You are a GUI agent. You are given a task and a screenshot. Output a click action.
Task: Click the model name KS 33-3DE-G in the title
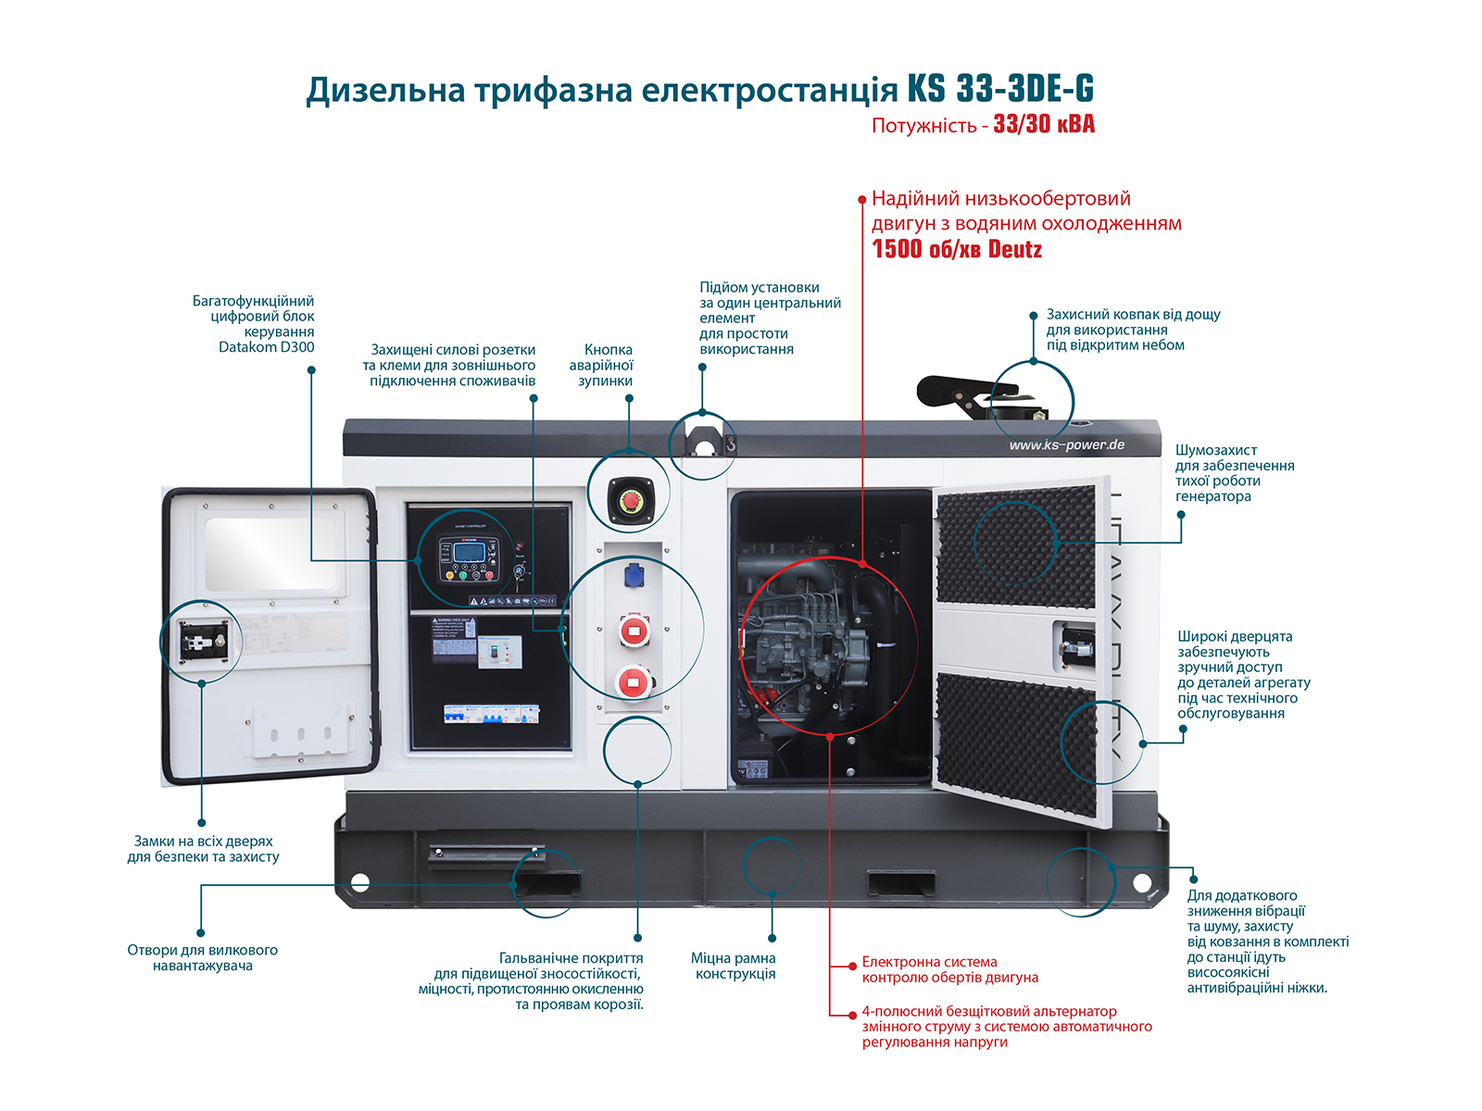tap(1000, 89)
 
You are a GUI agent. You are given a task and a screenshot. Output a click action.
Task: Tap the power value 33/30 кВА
tap(1044, 124)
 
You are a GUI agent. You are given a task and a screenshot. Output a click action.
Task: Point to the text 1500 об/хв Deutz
tap(957, 249)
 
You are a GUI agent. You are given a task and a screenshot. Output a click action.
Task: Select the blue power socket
tap(634, 576)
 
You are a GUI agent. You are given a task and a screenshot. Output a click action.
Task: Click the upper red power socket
tap(634, 632)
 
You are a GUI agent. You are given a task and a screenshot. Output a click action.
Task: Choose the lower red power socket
tap(633, 683)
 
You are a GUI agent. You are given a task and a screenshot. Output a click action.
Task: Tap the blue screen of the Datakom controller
tap(470, 553)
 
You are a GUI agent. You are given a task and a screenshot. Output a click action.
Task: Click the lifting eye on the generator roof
tap(703, 444)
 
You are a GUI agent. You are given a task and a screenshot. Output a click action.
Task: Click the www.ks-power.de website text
tap(1067, 445)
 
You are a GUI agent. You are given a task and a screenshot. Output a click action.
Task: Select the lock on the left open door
tap(203, 640)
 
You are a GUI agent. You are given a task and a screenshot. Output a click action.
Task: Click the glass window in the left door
tap(270, 553)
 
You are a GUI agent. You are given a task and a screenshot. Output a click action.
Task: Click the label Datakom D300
tap(267, 347)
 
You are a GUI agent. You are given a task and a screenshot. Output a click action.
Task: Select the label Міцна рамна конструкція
tap(735, 966)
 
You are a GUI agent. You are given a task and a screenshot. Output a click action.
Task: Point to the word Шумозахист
tap(1215, 450)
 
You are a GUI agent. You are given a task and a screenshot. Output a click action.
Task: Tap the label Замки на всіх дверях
tap(204, 842)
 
